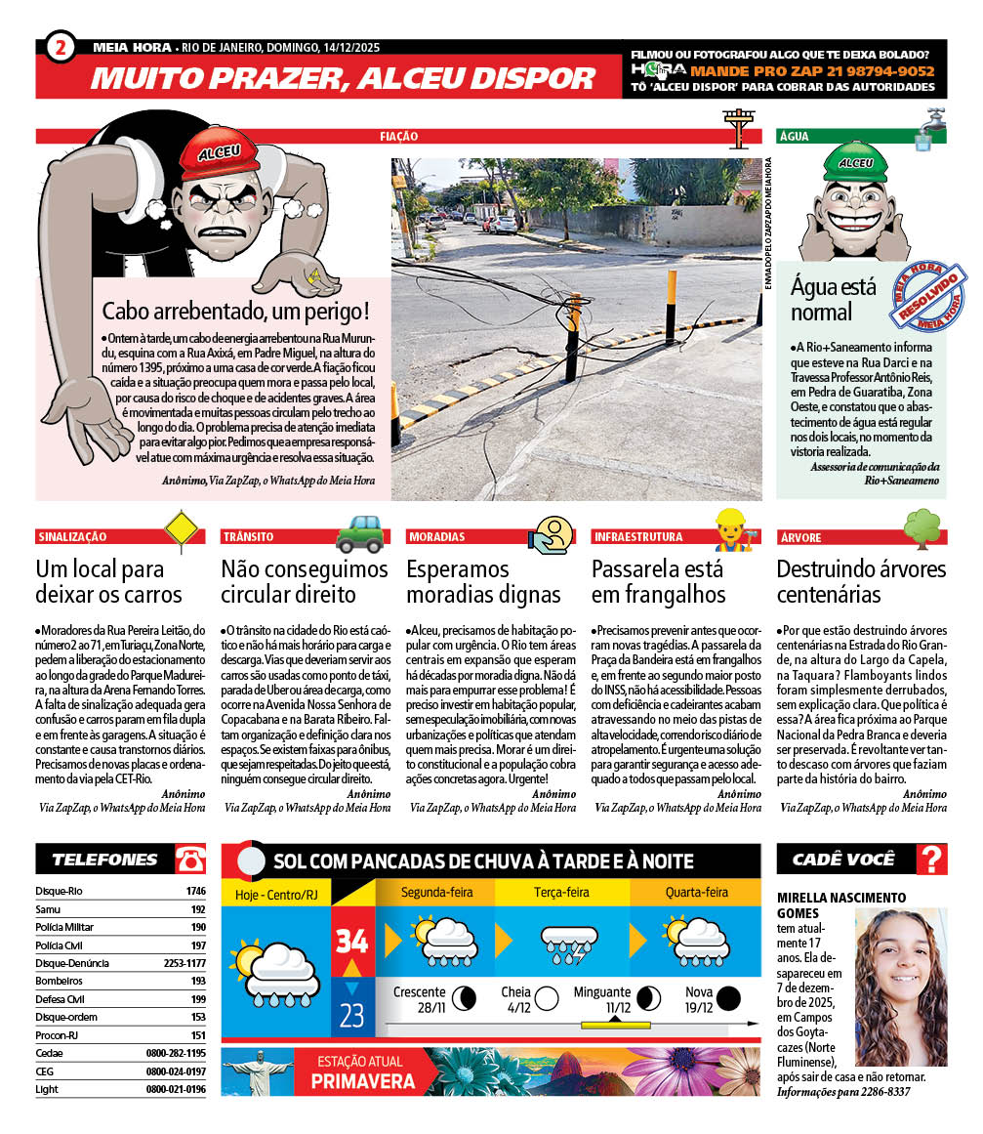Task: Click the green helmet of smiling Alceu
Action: tap(854, 161)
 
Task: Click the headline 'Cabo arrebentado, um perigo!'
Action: tap(236, 313)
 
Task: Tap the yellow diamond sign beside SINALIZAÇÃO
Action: tap(182, 530)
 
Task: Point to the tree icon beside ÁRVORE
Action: tap(922, 528)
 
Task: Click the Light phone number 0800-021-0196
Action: tap(176, 1089)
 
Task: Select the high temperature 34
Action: tap(351, 942)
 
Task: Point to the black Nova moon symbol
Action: tap(727, 997)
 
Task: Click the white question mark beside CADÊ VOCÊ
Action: tap(933, 860)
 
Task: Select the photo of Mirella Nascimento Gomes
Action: tap(901, 987)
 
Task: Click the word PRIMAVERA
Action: tap(362, 1081)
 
